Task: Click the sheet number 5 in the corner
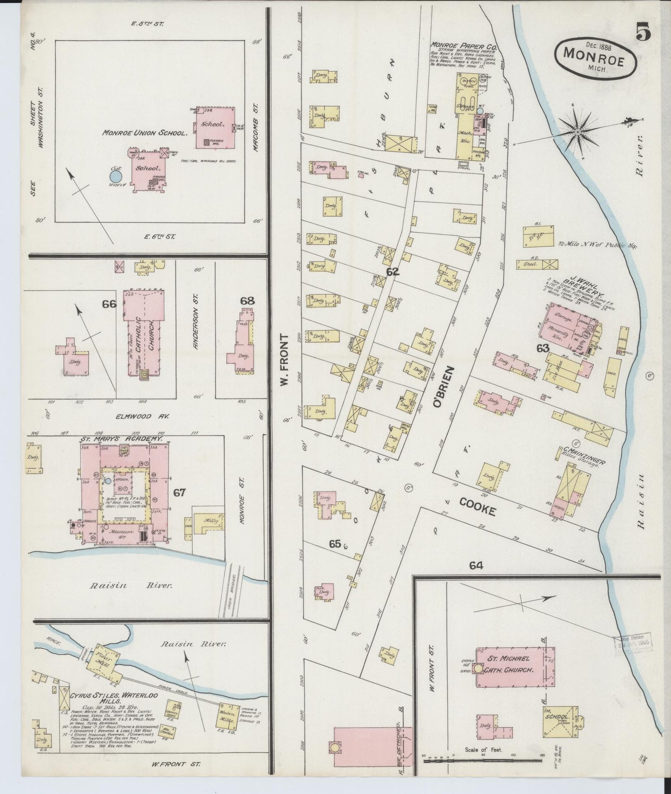(643, 33)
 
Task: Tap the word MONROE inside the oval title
(593, 53)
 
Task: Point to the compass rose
(577, 132)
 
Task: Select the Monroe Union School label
(144, 132)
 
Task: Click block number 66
(109, 304)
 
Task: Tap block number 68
(247, 300)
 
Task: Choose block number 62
(392, 272)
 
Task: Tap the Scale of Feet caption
(483, 749)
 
